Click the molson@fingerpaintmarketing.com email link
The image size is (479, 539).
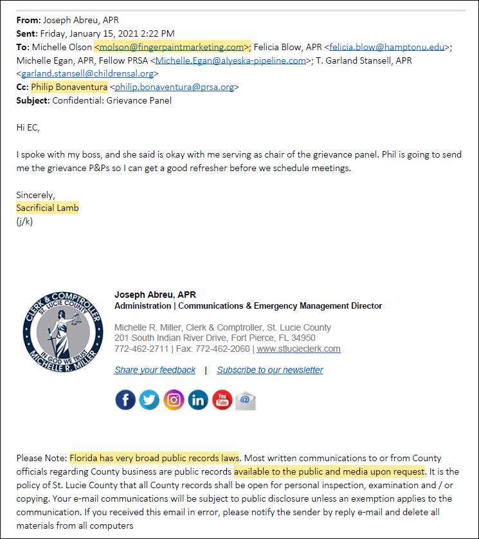tap(172, 47)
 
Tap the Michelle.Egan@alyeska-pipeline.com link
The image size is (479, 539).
tap(230, 60)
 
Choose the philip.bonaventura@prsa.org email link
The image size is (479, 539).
tap(175, 87)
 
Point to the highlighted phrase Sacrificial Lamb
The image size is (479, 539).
tap(48, 208)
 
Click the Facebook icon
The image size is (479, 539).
tap(125, 400)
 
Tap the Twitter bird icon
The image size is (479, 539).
tap(149, 400)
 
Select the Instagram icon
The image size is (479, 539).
tap(174, 400)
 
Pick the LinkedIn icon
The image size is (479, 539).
tap(198, 400)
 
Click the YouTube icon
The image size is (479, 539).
tap(222, 400)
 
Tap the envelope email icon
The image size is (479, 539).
tap(246, 400)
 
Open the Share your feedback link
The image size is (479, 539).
tap(155, 370)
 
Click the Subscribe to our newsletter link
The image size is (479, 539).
tap(270, 370)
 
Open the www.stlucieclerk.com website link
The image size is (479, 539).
tap(298, 349)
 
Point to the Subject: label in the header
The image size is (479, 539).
tap(33, 100)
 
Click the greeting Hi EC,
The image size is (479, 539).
tap(28, 127)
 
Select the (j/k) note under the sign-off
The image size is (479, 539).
tap(24, 222)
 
